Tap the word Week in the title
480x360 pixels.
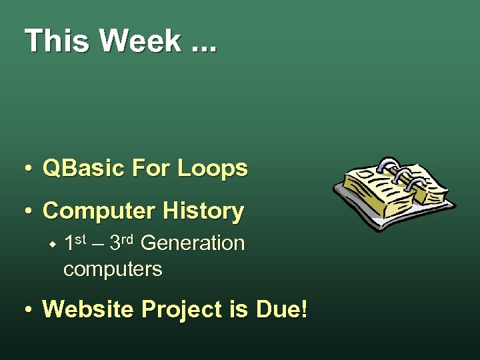(140, 41)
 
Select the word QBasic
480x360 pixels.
(83, 169)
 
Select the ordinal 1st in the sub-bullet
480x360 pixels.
(77, 242)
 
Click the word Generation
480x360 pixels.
(193, 243)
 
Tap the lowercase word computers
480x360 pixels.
(113, 269)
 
